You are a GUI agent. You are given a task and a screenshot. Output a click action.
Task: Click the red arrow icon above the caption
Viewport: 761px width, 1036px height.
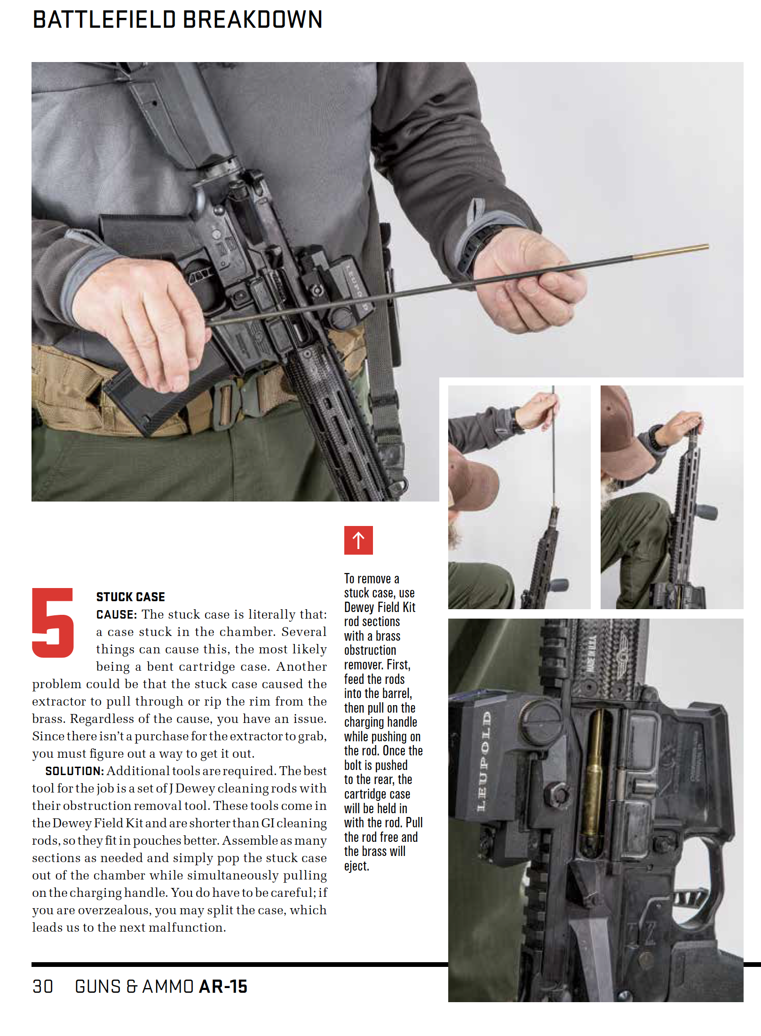[358, 540]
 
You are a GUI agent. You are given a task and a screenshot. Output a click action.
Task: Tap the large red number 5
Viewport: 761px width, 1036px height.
[53, 622]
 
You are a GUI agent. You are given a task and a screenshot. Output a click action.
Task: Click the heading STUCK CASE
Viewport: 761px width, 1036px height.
[131, 597]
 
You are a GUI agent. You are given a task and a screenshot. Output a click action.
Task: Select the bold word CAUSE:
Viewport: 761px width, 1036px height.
[117, 614]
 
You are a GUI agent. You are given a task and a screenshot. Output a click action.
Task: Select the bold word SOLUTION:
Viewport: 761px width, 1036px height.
[74, 771]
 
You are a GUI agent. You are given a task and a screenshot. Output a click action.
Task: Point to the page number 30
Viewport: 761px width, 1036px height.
[43, 986]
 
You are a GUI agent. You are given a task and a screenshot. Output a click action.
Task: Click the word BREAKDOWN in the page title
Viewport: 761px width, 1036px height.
[253, 20]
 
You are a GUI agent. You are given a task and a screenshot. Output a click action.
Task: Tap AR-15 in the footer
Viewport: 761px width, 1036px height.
[223, 986]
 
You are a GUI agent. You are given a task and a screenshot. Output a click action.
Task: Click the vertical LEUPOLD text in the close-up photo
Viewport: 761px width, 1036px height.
[485, 761]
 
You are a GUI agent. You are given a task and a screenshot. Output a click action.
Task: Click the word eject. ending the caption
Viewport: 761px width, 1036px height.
[357, 866]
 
